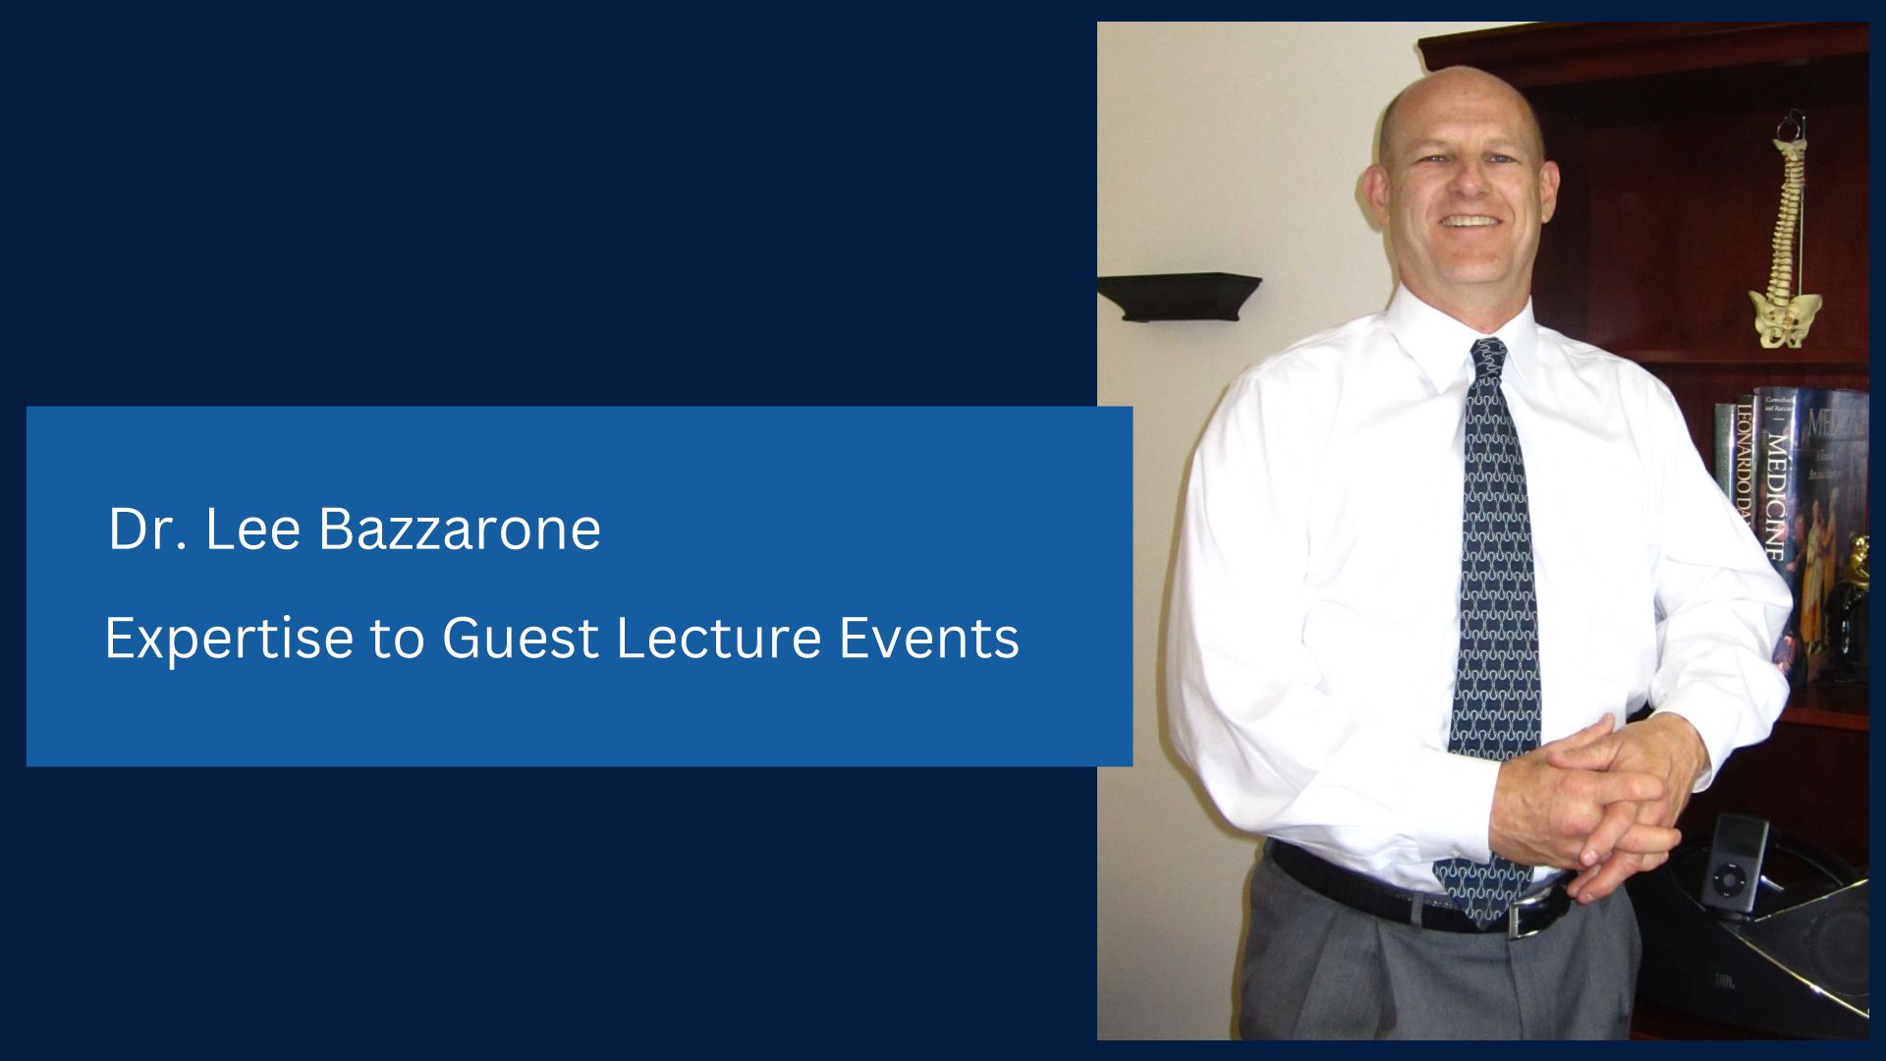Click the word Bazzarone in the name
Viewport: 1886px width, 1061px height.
[460, 530]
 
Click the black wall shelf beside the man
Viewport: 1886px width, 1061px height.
[1179, 296]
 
